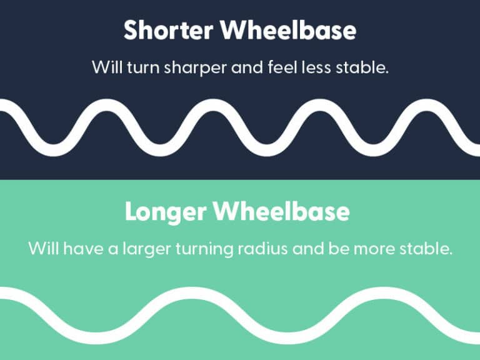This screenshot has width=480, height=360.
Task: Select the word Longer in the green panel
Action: coord(166,212)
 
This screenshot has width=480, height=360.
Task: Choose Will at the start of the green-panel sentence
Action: coord(41,249)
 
